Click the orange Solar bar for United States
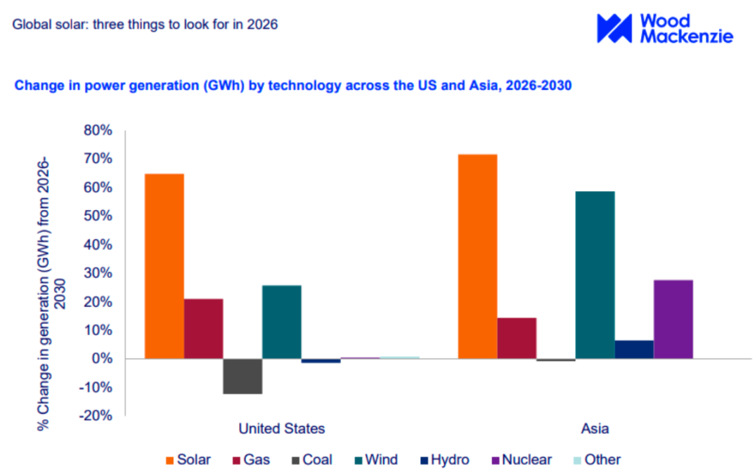pyautogui.click(x=164, y=266)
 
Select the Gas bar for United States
pyautogui.click(x=204, y=329)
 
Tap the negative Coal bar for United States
pyautogui.click(x=243, y=376)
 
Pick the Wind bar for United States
pyautogui.click(x=282, y=322)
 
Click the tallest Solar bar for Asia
pyautogui.click(x=477, y=256)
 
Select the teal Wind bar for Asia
pyautogui.click(x=595, y=275)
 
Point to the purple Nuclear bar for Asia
pyautogui.click(x=673, y=320)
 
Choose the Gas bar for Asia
pyautogui.click(x=517, y=338)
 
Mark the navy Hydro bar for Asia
pyautogui.click(x=634, y=350)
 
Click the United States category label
pyautogui.click(x=282, y=428)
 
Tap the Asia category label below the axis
pyautogui.click(x=595, y=428)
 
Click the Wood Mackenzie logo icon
pyautogui.click(x=614, y=28)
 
